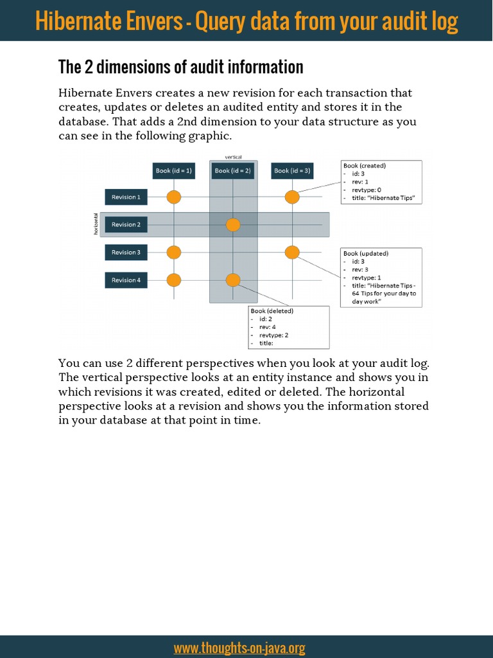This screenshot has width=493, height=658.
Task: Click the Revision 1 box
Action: (126, 197)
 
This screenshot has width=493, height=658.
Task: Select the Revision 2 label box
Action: (126, 225)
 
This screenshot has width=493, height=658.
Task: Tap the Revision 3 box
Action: (126, 253)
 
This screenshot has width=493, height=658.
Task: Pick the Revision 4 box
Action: (126, 280)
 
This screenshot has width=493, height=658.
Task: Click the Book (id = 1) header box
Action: (174, 170)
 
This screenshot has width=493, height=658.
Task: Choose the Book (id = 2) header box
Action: (233, 170)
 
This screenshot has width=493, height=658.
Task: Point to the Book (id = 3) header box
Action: (292, 170)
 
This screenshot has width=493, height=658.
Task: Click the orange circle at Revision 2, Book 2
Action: (233, 225)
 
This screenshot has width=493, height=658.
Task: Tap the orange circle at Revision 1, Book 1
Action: (174, 197)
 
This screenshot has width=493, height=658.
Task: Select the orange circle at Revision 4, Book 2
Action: (233, 280)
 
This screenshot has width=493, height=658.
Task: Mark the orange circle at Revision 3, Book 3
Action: (292, 253)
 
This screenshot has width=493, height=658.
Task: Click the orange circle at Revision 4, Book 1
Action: (174, 280)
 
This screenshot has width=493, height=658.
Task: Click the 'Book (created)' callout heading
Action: (365, 166)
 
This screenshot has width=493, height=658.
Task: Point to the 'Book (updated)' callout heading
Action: (366, 254)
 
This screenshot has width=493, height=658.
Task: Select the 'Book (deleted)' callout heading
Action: (272, 311)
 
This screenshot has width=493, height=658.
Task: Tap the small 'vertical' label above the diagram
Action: (233, 157)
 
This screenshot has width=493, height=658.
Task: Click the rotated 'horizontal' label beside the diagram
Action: (96, 224)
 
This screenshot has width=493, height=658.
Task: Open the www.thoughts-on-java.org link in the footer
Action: (239, 648)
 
